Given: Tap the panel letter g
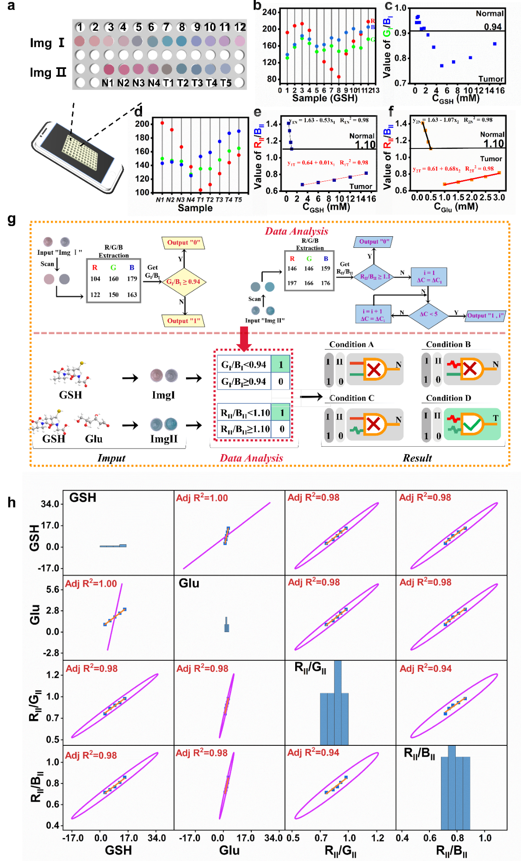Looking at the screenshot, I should click(12, 219).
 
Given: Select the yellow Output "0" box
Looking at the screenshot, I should click(183, 243).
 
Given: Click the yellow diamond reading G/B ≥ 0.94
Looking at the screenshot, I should click(183, 282).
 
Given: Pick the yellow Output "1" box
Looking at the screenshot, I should click(183, 321).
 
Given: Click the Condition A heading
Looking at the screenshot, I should click(351, 344).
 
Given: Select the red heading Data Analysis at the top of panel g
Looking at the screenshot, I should click(297, 231).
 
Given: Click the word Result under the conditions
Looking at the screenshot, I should click(417, 458).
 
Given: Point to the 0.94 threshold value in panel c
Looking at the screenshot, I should click(493, 27).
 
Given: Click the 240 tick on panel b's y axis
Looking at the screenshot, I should click(269, 12).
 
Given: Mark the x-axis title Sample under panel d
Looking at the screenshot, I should click(195, 208).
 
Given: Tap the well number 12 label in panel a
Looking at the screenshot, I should click(240, 27).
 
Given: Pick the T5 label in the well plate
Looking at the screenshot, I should click(226, 83).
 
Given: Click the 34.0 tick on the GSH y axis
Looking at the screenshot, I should click(50, 504).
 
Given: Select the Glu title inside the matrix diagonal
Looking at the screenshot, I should click(189, 584).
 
